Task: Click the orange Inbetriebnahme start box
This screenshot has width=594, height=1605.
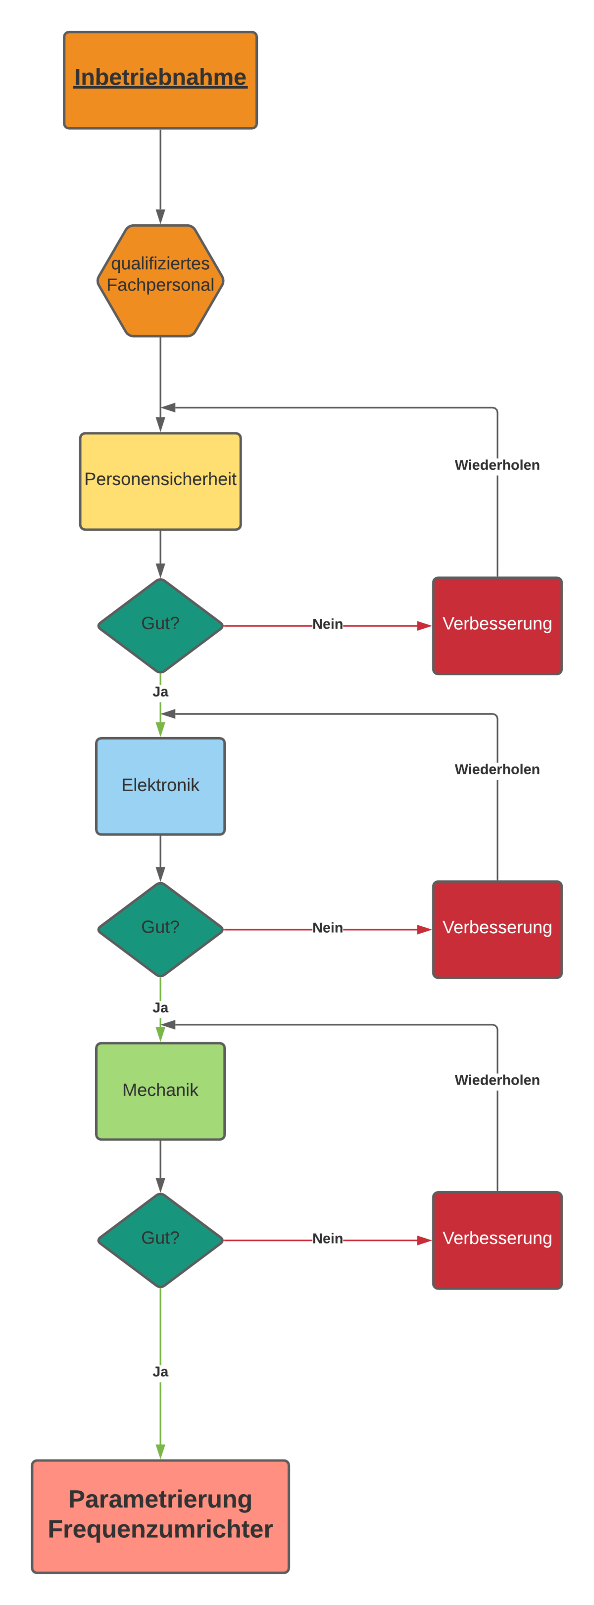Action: point(160,80)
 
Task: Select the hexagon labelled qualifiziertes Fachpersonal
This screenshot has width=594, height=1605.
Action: point(160,280)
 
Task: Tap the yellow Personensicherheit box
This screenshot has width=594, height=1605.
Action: point(160,481)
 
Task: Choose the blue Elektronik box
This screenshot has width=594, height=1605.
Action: point(160,786)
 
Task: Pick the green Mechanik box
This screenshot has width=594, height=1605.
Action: point(160,1090)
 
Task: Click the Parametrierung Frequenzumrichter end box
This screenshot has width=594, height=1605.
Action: point(160,1516)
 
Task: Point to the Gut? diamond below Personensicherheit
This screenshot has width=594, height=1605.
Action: point(160,625)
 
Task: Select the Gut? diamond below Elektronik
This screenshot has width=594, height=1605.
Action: point(160,929)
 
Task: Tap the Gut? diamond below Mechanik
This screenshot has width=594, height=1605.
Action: point(160,1240)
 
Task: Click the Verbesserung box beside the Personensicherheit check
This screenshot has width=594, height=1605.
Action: point(497,625)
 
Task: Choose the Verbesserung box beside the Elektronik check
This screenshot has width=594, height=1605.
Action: point(497,929)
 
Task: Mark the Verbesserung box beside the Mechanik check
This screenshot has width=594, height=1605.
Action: point(497,1240)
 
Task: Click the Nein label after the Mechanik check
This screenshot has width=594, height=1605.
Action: point(327,1239)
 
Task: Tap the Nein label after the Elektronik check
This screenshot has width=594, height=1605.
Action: point(327,928)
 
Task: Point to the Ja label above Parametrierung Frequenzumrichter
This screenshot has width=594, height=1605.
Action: point(160,1371)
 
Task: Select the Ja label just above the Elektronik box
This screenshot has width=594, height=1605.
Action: point(160,692)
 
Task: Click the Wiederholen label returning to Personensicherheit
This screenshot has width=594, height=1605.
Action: point(497,465)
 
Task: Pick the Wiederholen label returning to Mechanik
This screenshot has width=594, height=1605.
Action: point(497,1080)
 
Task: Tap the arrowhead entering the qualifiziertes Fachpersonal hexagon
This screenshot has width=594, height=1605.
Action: point(160,216)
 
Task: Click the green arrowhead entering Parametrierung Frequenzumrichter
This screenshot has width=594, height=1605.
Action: point(160,1451)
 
